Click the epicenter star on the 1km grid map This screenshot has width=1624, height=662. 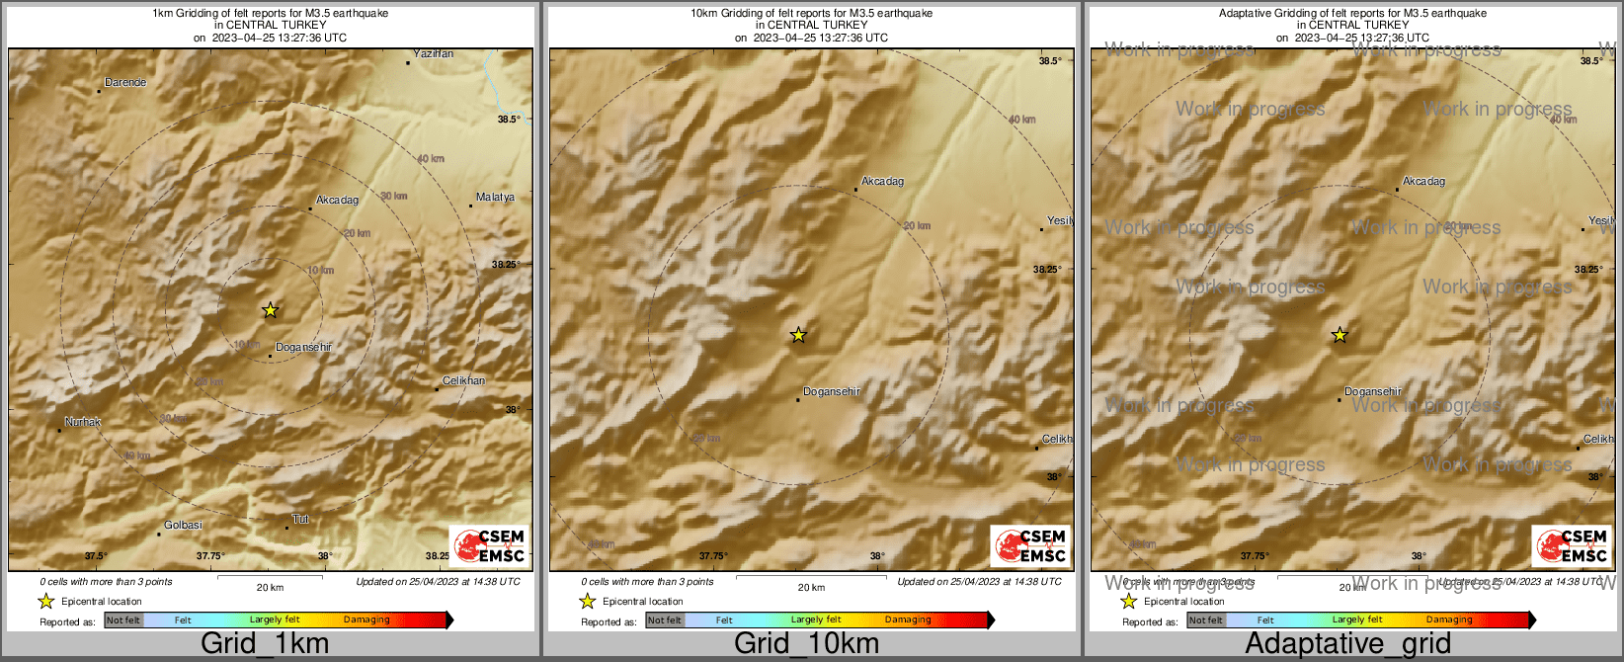pyautogui.click(x=270, y=310)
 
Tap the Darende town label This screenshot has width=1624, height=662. pyautogui.click(x=125, y=83)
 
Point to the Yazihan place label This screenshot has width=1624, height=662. pyautogui.click(x=433, y=53)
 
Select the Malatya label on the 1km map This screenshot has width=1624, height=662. pyautogui.click(x=495, y=198)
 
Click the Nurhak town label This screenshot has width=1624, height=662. pyautogui.click(x=83, y=423)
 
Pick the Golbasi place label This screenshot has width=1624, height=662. pyautogui.click(x=184, y=526)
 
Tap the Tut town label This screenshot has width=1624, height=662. pyautogui.click(x=300, y=520)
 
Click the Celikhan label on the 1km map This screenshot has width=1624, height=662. pyautogui.click(x=463, y=380)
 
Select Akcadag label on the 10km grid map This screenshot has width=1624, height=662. pyautogui.click(x=882, y=182)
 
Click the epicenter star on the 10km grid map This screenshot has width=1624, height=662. pyautogui.click(x=798, y=336)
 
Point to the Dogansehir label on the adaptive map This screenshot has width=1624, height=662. pyautogui.click(x=1373, y=392)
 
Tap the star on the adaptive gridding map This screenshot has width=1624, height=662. pyautogui.click(x=1340, y=336)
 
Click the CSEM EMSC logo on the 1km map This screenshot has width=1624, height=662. pyautogui.click(x=490, y=545)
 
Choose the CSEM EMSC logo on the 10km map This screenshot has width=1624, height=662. pyautogui.click(x=1031, y=545)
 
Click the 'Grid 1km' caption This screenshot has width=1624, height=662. pyautogui.click(x=265, y=643)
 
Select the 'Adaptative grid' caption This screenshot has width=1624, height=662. pyautogui.click(x=1347, y=643)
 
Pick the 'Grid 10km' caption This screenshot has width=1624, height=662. pyautogui.click(x=806, y=643)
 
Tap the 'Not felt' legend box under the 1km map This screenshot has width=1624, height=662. pyautogui.click(x=123, y=621)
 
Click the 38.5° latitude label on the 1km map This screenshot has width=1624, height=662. pyautogui.click(x=509, y=120)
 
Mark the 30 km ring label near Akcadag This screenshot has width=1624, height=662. pyautogui.click(x=394, y=197)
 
